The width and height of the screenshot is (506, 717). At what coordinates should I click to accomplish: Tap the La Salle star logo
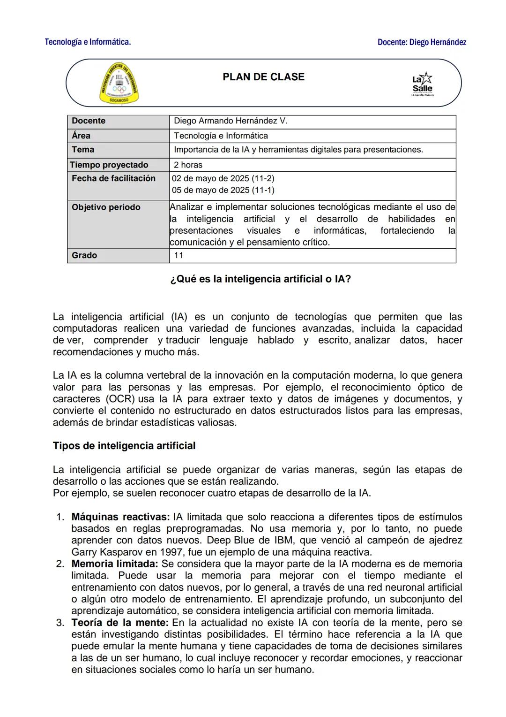pos(422,83)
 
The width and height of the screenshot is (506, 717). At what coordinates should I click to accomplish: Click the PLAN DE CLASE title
pos(263,77)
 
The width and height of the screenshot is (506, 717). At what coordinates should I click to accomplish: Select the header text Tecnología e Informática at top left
pos(88,42)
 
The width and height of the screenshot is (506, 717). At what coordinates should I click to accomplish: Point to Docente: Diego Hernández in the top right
pos(422,42)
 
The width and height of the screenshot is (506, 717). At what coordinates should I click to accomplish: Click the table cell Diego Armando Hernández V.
pos(231,121)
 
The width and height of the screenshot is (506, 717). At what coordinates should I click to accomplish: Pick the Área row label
pos(81,136)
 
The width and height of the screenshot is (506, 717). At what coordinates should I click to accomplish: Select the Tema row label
pos(83,150)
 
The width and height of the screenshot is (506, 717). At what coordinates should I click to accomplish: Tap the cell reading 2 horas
pos(188,165)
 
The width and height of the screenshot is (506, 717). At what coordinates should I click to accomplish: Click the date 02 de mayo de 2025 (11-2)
pos(223,178)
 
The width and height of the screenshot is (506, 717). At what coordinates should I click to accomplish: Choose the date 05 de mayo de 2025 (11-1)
pos(223,190)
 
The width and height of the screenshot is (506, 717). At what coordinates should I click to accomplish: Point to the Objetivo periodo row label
pos(106,207)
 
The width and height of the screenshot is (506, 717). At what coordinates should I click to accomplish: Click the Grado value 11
pos(179,255)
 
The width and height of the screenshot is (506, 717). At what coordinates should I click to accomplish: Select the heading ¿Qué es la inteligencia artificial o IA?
pos(260,279)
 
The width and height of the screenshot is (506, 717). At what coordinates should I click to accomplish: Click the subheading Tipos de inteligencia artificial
pos(124,446)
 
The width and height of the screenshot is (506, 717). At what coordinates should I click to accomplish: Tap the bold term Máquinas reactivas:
pos(120,517)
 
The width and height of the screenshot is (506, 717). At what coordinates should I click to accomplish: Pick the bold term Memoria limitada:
pos(115,564)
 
